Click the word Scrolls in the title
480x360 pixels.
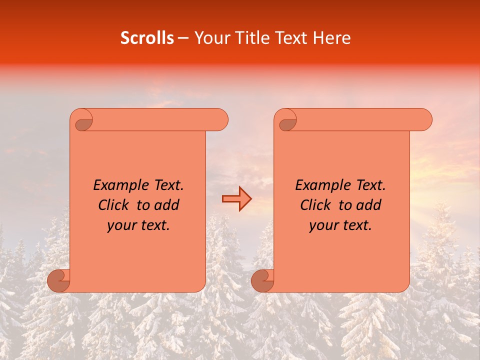pos(147,38)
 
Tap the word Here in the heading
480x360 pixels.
pos(332,38)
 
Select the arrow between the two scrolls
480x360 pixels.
pos(237,199)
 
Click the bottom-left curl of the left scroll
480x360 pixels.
pos(59,280)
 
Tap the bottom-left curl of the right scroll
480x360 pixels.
pos(263,280)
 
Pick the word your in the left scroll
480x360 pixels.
pos(119,225)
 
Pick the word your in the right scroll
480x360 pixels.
pos(322,225)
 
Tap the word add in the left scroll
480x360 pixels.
pos(168,205)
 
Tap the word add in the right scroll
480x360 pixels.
pos(370,205)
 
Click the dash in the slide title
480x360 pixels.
pos(183,38)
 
